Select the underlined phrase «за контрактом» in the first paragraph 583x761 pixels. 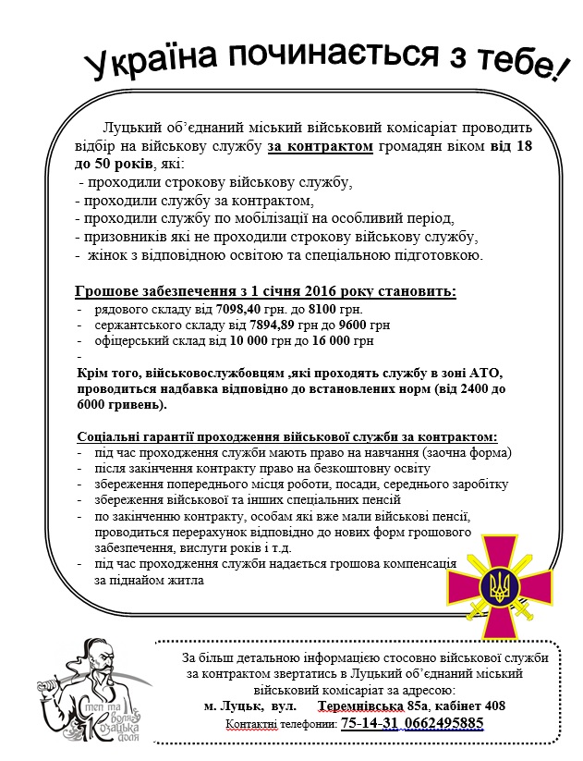321,147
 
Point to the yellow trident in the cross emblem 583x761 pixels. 499,586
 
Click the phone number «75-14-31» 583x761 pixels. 372,722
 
